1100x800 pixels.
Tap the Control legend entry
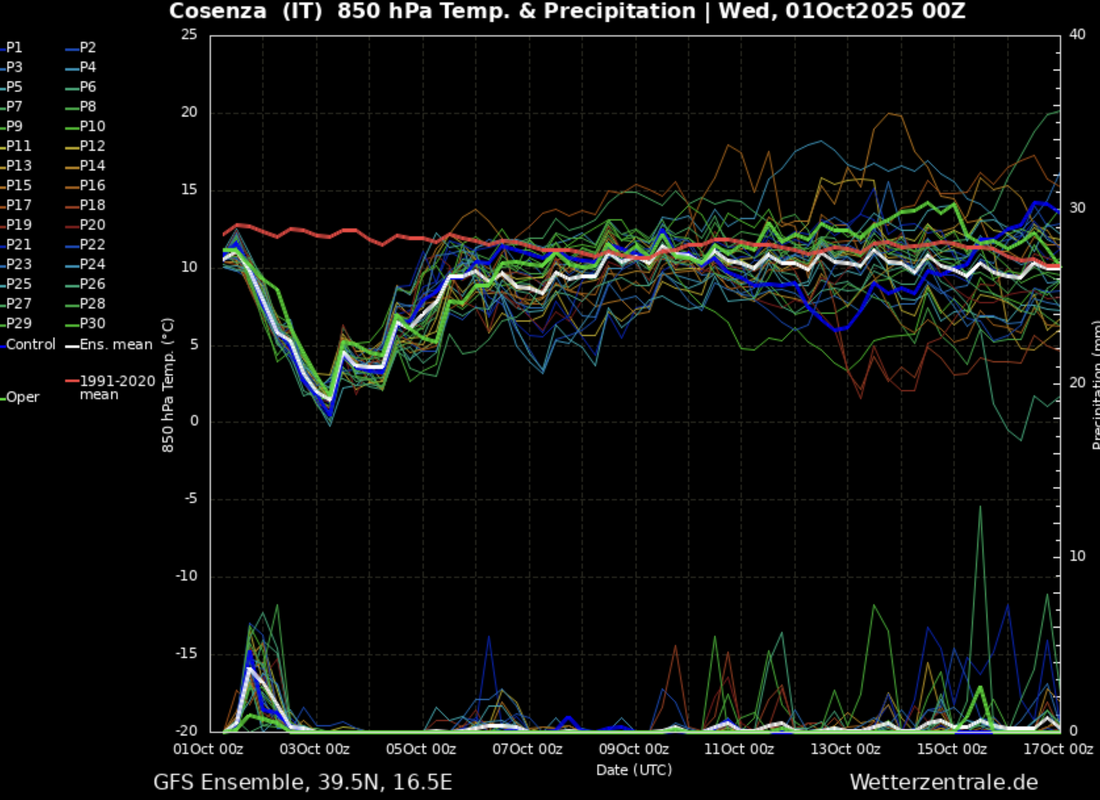[x=30, y=344]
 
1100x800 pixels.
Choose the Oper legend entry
[x=23, y=397]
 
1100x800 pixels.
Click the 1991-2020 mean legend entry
[x=113, y=387]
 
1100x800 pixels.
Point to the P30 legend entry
[x=92, y=323]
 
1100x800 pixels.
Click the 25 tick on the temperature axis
[x=189, y=35]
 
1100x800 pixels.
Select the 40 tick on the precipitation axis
[x=1078, y=35]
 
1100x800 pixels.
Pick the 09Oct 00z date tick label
[x=634, y=749]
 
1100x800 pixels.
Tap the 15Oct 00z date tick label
[x=951, y=749]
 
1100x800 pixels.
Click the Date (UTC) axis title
[x=634, y=770]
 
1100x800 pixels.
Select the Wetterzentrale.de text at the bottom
[x=944, y=782]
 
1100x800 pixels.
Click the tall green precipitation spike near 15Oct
[x=980, y=510]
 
